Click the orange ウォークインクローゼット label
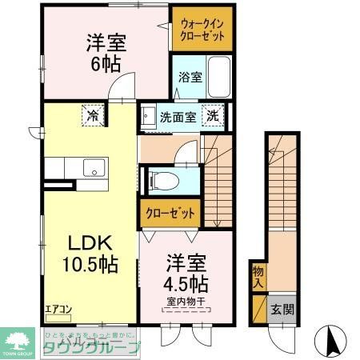[x=201, y=30]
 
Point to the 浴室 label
[x=190, y=78]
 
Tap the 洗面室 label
[x=177, y=117]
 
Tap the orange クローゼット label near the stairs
[x=170, y=213]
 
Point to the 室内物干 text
[x=187, y=302]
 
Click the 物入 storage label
[x=258, y=277]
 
